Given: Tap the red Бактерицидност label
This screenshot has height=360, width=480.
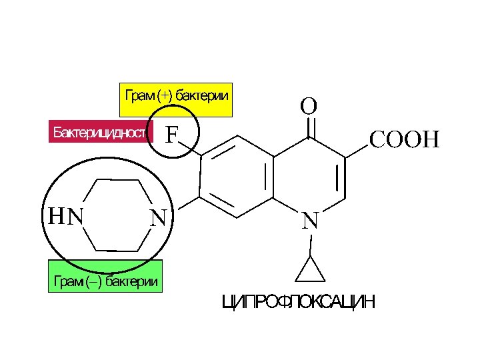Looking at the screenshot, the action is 100,132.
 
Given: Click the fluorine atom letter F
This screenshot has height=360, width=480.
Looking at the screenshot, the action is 172,135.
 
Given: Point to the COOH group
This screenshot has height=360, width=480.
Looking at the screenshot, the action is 405,140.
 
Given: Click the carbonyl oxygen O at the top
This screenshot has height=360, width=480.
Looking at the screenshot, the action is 308,106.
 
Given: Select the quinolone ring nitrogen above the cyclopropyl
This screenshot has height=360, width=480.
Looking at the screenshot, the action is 309,220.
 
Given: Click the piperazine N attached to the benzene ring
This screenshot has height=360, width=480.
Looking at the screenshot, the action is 158,217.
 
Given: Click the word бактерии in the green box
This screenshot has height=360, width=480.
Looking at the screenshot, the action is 131,281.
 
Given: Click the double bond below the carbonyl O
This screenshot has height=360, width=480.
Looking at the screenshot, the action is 309,127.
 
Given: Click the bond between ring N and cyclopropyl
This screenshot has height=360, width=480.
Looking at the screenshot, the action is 309,243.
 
